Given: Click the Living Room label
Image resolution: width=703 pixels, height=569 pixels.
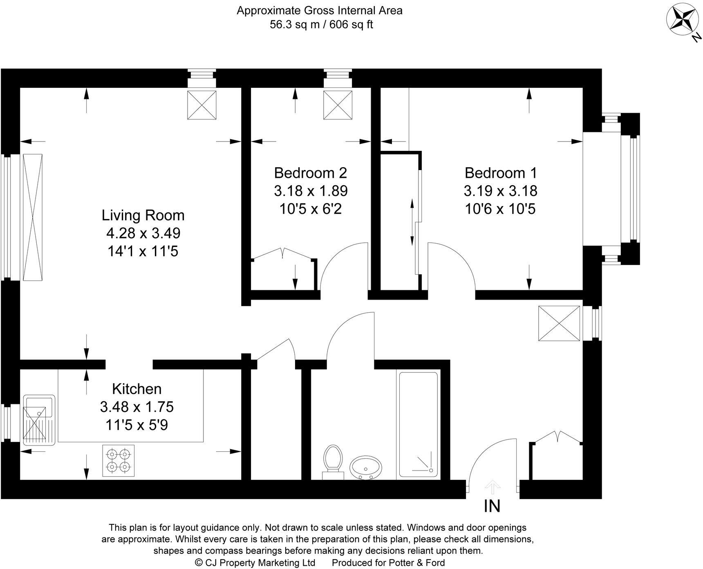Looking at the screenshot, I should pos(143,215).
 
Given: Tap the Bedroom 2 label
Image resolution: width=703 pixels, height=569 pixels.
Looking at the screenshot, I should pos(310,173).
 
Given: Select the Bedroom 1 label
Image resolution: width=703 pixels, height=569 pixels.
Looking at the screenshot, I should pos(500,173).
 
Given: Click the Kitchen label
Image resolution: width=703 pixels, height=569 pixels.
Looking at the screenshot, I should pos(137,389).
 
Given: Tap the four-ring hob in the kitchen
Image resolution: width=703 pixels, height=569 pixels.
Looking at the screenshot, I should pos(119,460).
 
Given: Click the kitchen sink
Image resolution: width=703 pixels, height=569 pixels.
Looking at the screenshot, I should pos(39,419).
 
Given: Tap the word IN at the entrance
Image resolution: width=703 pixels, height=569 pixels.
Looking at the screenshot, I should pos(492,506).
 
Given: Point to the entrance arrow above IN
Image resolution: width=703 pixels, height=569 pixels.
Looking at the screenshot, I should pos(493,487).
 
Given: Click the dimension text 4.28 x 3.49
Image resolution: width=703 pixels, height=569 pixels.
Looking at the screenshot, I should pos(143,233).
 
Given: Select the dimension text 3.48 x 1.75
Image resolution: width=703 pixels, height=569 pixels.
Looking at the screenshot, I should pos(137,407).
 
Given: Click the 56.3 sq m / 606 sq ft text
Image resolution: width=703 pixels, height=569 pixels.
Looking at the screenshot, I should pos(321,25).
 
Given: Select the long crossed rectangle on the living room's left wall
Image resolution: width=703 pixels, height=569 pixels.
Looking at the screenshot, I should pos(33,217).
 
